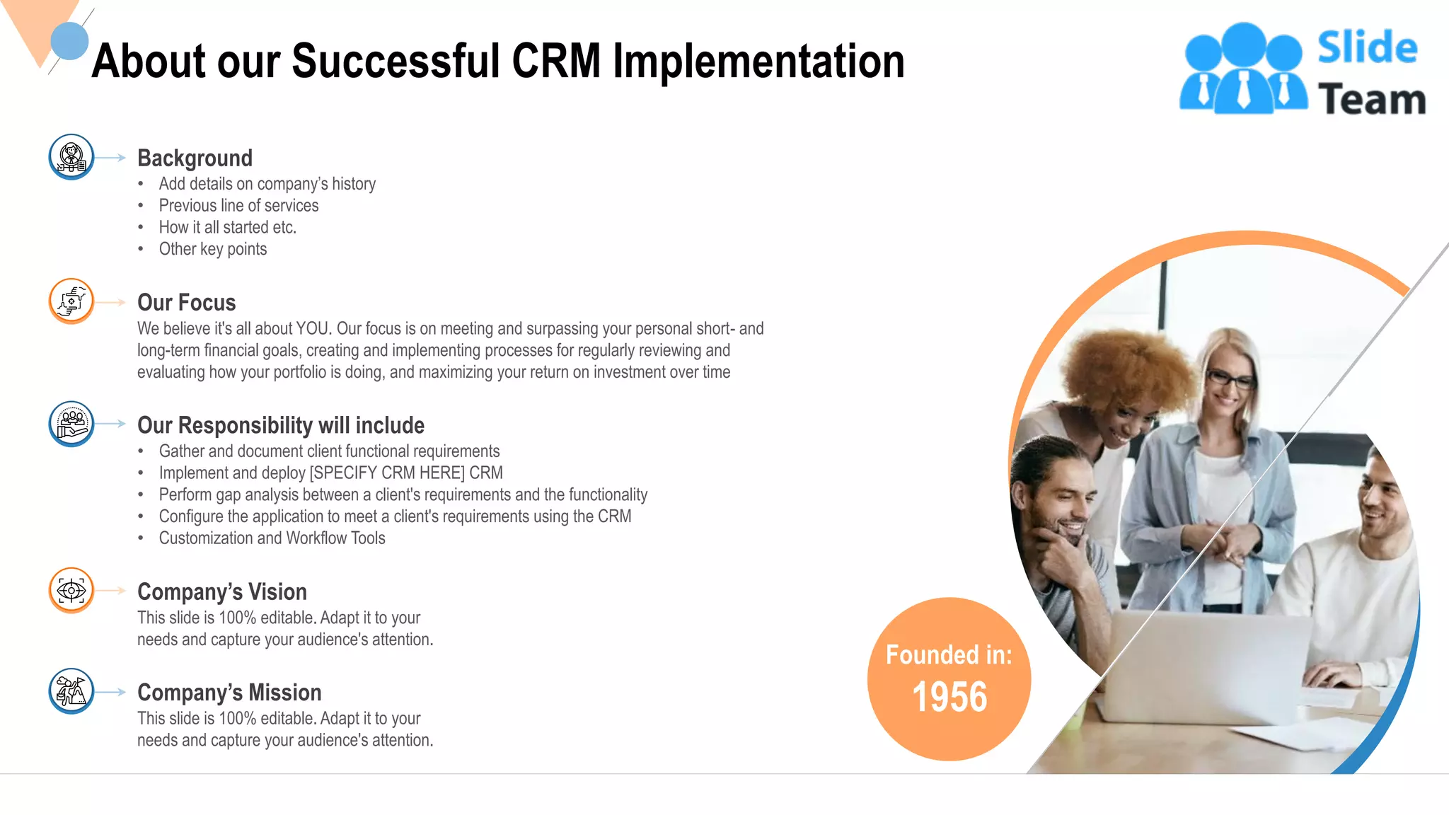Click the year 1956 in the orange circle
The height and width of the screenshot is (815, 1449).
pos(949,697)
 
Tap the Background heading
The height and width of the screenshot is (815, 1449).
pos(195,158)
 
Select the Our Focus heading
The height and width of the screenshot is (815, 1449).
pos(186,303)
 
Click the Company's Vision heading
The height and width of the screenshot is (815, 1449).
pos(221,591)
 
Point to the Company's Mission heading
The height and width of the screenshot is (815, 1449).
pos(229,692)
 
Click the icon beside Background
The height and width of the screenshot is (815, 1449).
pos(71,157)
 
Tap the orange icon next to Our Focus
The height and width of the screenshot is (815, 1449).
pos(71,301)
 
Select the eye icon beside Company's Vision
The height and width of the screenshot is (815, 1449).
pos(71,589)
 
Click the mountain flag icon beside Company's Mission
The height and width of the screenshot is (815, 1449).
pos(71,690)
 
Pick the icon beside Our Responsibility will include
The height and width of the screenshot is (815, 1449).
pos(71,424)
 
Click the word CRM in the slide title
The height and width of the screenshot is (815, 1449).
pos(556,62)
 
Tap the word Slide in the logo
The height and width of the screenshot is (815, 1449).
pos(1367,47)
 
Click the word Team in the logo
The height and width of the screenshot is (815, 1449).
pos(1371,99)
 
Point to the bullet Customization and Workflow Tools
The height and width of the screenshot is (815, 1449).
pos(272,538)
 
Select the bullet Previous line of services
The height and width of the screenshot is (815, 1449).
pos(238,206)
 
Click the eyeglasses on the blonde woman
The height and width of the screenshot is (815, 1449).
pos(1232,380)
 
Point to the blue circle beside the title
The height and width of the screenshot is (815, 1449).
pos(69,41)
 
